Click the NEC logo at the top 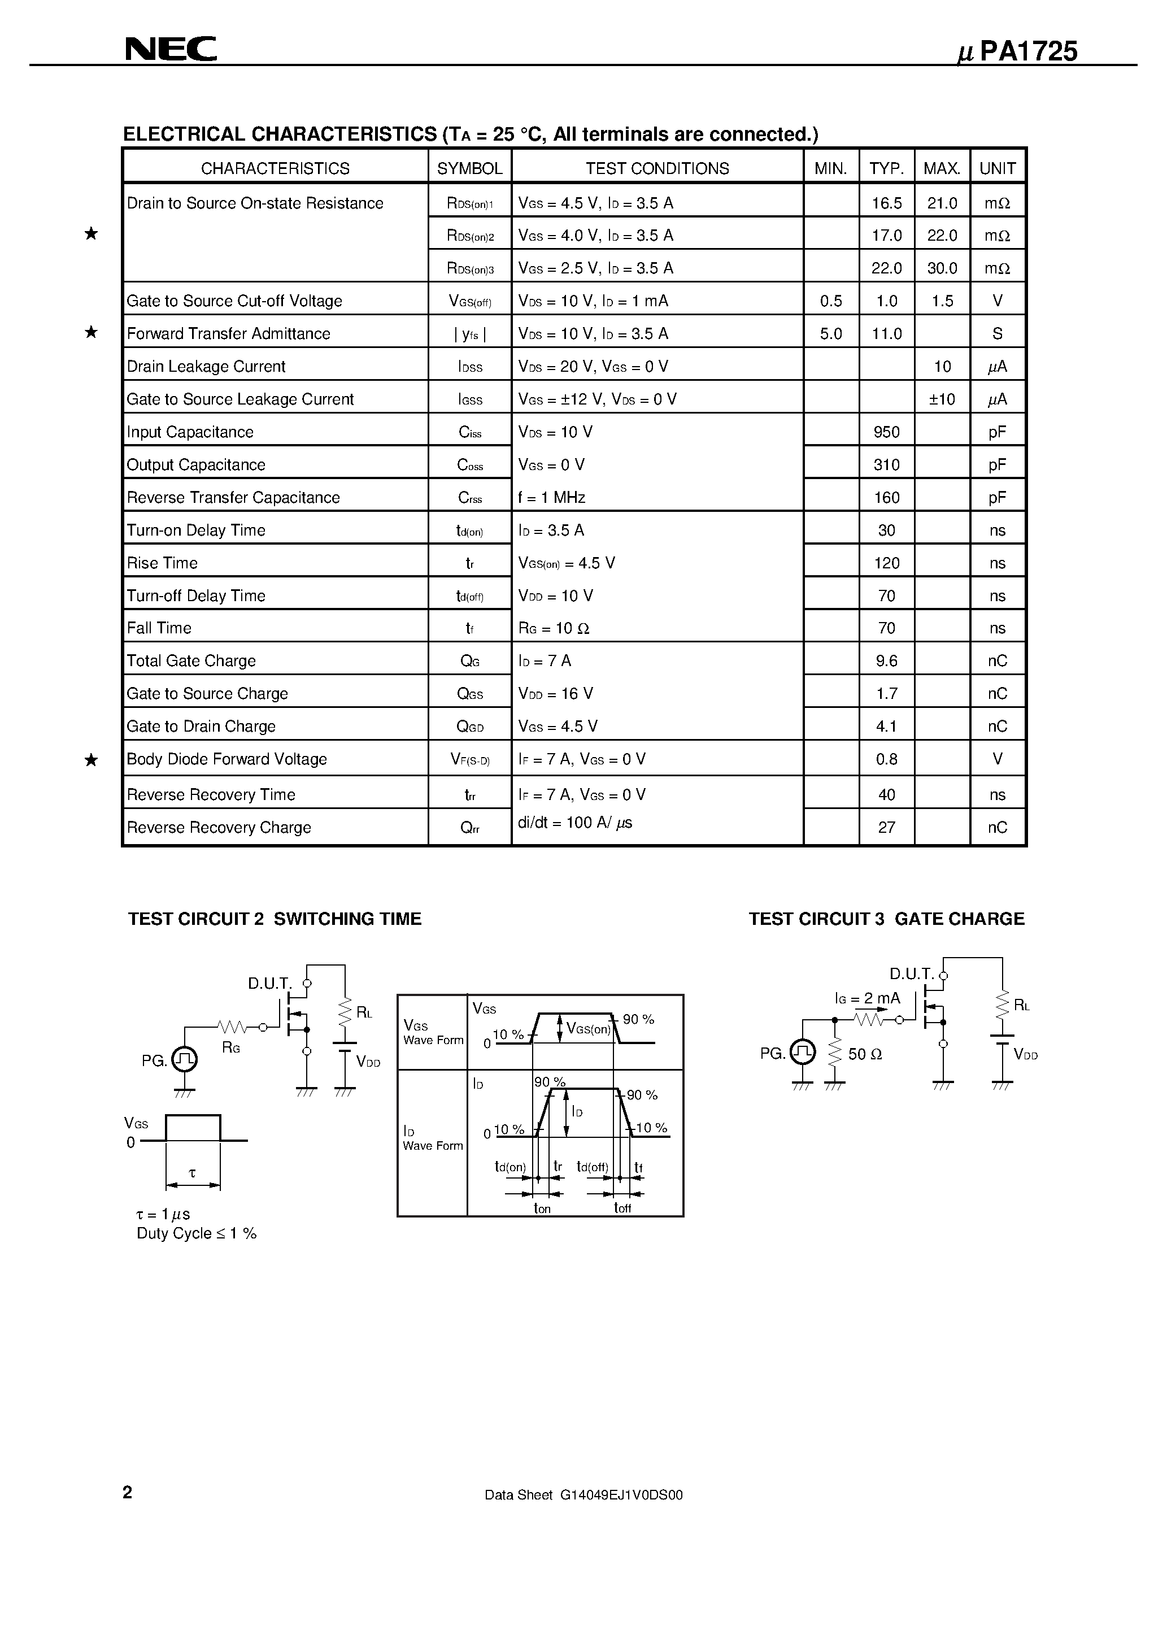[171, 49]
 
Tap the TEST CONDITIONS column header [657, 168]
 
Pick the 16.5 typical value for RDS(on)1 [886, 203]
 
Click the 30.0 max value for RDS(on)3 [942, 268]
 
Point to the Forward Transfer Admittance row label [228, 334]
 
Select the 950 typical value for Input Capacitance [886, 432]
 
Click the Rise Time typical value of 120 [886, 563]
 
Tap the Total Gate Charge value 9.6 [886, 661]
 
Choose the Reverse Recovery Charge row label [219, 828]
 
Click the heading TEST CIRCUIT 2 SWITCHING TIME [274, 919]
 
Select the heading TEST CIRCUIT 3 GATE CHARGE [886, 919]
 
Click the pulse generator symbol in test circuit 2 [185, 1058]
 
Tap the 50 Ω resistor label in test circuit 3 [865, 1055]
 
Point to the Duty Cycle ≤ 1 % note [197, 1233]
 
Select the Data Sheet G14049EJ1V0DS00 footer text [583, 1495]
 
